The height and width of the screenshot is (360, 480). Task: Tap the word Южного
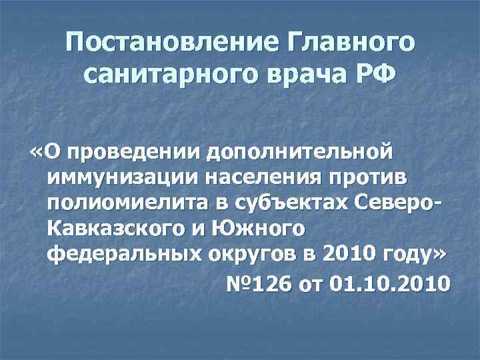pyautogui.click(x=261, y=229)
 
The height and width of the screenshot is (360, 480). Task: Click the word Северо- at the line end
pyautogui.click(x=400, y=204)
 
